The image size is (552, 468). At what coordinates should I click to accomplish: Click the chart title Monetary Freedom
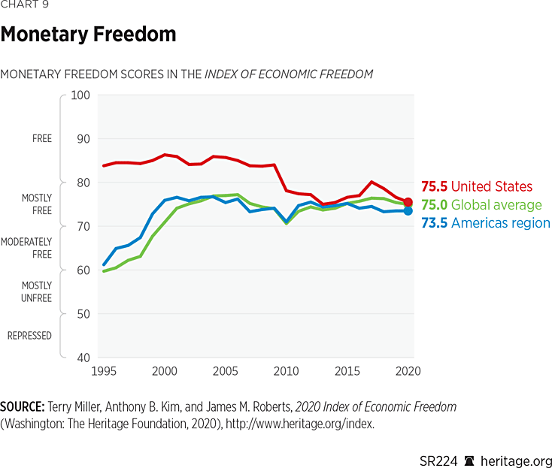pyautogui.click(x=88, y=35)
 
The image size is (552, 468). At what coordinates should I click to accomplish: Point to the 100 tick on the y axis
pyautogui.click(x=80, y=95)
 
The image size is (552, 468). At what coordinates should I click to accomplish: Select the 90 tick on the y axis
pyautogui.click(x=80, y=139)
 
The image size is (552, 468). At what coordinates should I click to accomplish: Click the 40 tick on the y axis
pyautogui.click(x=80, y=358)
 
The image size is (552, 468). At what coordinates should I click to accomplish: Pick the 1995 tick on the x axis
pyautogui.click(x=104, y=371)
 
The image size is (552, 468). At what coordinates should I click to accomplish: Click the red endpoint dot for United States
pyautogui.click(x=408, y=202)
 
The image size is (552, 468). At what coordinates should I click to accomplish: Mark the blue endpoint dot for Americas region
pyautogui.click(x=408, y=211)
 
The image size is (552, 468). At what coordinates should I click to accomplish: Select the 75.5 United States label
pyautogui.click(x=476, y=186)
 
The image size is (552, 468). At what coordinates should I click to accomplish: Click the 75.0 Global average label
pyautogui.click(x=481, y=205)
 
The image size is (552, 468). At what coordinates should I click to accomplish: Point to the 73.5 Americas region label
pyautogui.click(x=485, y=223)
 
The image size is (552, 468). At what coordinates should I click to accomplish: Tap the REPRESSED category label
pyautogui.click(x=29, y=335)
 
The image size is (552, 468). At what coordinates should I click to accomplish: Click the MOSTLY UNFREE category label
pyautogui.click(x=36, y=291)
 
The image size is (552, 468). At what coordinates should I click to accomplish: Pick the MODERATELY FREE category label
pyautogui.click(x=26, y=248)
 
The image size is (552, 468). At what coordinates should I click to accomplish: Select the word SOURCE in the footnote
pyautogui.click(x=20, y=406)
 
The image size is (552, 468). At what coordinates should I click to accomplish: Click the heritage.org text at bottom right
pyautogui.click(x=517, y=460)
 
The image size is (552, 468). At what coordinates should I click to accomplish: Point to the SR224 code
pyautogui.click(x=438, y=460)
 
